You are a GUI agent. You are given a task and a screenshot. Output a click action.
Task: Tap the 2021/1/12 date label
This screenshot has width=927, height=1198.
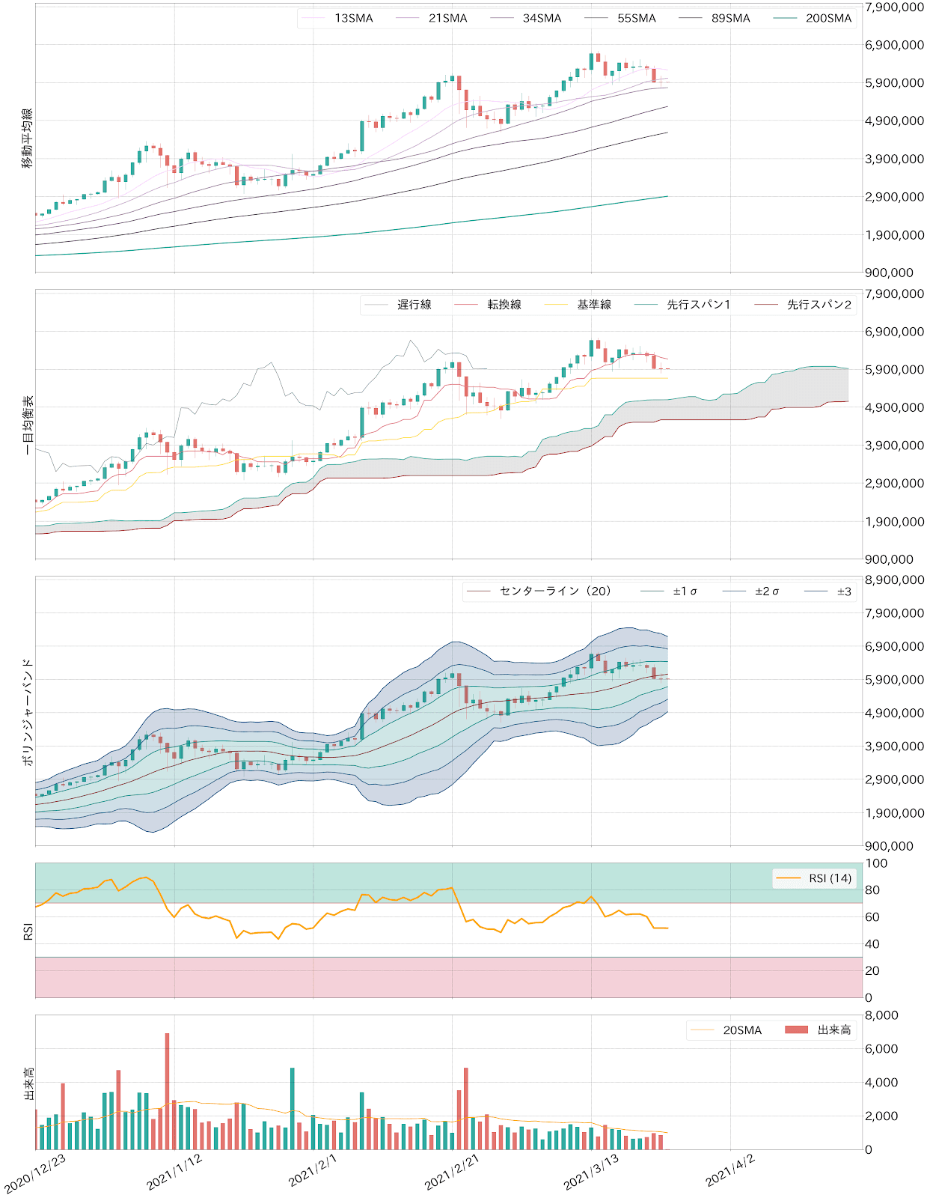click(x=175, y=1172)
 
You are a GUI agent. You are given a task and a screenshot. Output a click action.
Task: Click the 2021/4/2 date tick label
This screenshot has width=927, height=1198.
click(x=730, y=1172)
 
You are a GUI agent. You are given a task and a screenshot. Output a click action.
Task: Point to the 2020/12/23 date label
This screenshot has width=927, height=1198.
click(x=36, y=1173)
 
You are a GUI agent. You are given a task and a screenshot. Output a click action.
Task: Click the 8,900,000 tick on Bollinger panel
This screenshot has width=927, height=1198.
click(x=894, y=580)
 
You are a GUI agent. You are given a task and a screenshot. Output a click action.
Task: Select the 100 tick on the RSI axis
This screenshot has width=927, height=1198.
click(x=876, y=863)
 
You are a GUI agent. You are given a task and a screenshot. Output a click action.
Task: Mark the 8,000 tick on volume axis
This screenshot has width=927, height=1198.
click(x=881, y=1015)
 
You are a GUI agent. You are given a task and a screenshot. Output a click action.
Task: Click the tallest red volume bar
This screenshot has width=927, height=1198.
click(x=167, y=1092)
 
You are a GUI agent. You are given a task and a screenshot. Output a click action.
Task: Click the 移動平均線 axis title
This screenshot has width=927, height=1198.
click(x=28, y=139)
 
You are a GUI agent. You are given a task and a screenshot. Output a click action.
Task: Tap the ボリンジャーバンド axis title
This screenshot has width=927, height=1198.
click(x=28, y=711)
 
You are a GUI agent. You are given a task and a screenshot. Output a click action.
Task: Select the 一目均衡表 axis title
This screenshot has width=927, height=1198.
click(x=28, y=425)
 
